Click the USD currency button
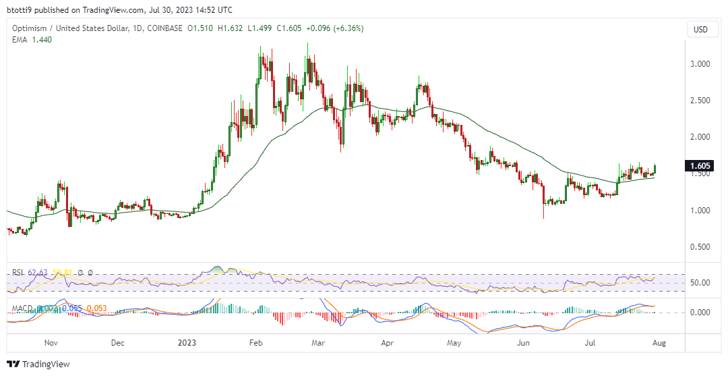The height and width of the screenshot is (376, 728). [x=701, y=30]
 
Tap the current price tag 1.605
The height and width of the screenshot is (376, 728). [x=698, y=166]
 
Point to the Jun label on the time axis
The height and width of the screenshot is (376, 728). [x=522, y=342]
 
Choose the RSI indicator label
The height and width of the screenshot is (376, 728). [x=19, y=273]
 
